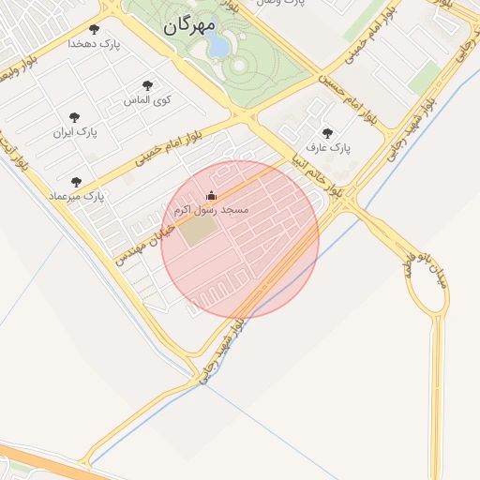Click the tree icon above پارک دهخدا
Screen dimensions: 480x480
(x=94, y=29)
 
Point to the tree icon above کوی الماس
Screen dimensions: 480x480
(x=147, y=85)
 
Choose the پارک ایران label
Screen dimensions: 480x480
(x=75, y=132)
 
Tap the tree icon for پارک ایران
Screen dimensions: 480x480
(x=74, y=118)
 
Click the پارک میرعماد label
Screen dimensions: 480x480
(x=81, y=196)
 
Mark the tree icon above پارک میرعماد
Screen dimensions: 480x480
(x=76, y=182)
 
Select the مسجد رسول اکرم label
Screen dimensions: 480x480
(x=212, y=209)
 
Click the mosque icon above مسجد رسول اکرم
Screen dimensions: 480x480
(x=211, y=195)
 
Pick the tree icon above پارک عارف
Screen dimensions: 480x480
(x=326, y=134)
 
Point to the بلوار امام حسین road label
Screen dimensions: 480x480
(x=346, y=97)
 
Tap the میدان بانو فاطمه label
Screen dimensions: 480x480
(x=424, y=272)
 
